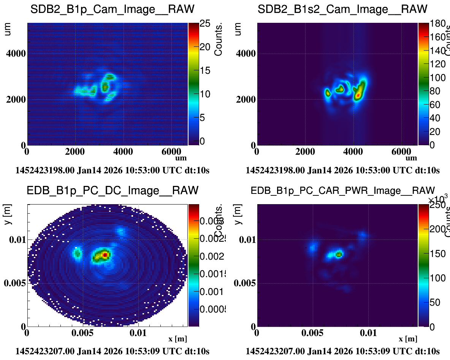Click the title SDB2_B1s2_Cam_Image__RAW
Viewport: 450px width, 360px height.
click(342, 10)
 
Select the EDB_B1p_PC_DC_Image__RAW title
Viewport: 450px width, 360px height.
click(112, 190)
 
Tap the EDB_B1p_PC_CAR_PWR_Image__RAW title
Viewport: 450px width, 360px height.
click(342, 190)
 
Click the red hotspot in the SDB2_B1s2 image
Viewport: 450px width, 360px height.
click(358, 94)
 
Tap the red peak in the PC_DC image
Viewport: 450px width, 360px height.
click(105, 254)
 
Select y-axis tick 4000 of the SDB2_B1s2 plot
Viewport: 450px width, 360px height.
click(247, 53)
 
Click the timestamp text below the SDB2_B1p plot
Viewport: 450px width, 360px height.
click(112, 170)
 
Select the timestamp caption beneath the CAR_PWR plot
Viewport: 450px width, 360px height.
click(342, 351)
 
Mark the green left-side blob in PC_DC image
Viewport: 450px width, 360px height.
click(78, 253)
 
